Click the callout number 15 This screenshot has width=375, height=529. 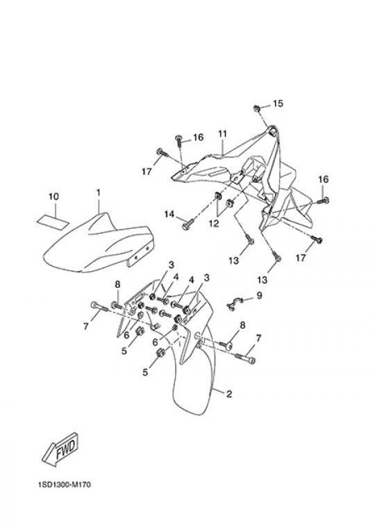tap(278, 103)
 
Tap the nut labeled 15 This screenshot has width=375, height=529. tap(257, 108)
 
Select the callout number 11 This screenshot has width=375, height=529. tap(222, 134)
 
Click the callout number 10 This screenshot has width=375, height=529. tap(53, 196)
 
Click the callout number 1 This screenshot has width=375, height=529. tap(99, 193)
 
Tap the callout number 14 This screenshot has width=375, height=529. tap(169, 214)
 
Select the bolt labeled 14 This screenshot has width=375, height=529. tap(187, 225)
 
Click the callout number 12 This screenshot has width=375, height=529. tap(213, 223)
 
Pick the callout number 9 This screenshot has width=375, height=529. tap(259, 295)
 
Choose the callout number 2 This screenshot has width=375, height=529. tap(229, 394)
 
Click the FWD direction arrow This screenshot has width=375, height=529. tap(60, 449)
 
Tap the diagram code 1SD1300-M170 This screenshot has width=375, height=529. tap(64, 485)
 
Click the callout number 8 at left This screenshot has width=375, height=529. tap(117, 284)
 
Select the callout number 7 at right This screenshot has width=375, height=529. tap(259, 338)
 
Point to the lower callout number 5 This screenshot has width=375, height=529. tap(145, 372)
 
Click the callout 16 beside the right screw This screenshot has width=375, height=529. tap(324, 180)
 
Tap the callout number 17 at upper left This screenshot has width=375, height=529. tap(147, 172)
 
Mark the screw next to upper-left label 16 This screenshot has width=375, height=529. tap(178, 140)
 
